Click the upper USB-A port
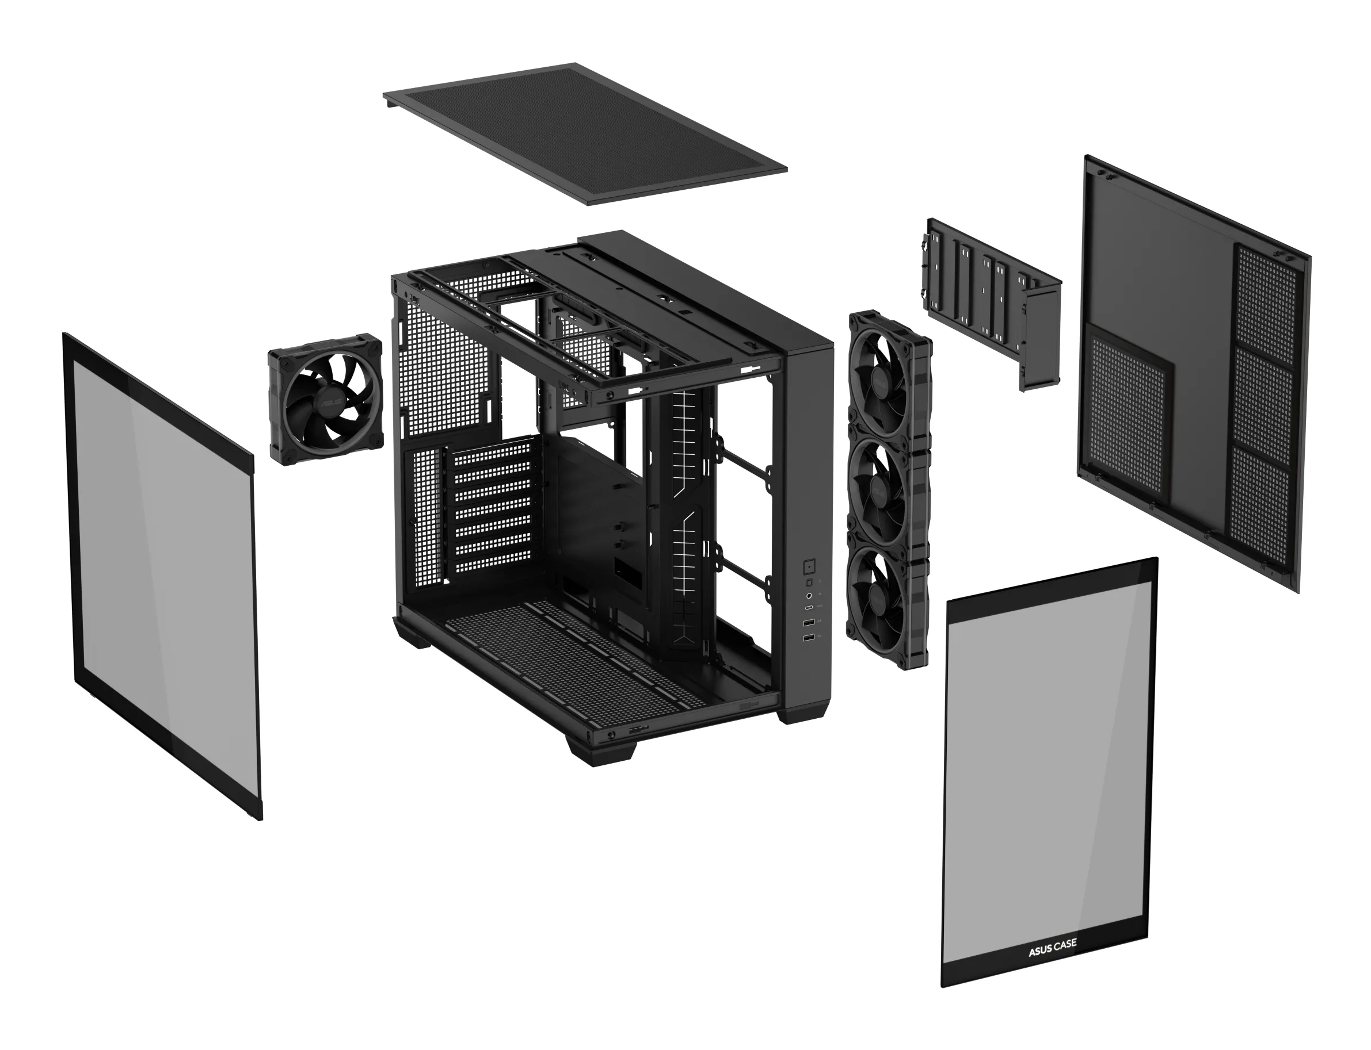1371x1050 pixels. coord(809,623)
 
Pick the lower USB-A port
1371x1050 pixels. coord(809,637)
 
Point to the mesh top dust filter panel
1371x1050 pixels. coord(585,133)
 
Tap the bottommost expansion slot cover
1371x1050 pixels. coord(492,566)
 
